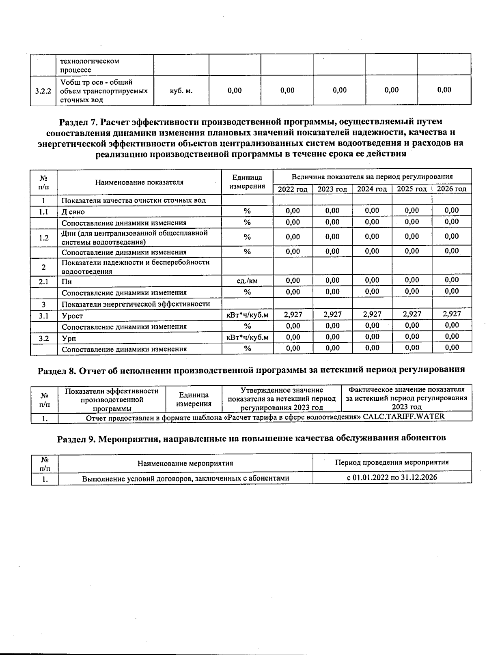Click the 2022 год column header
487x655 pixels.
292,189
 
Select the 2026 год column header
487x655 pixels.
451,189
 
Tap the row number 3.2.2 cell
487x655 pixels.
43,91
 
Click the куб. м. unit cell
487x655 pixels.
181,91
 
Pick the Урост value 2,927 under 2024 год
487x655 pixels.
372,314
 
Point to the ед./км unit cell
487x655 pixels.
247,281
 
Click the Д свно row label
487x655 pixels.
73,212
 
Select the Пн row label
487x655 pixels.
67,281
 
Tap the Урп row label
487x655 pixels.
69,338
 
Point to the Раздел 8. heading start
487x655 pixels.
56,370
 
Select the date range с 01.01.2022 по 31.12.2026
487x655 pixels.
392,477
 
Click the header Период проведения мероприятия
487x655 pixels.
392,462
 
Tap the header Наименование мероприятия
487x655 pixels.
185,463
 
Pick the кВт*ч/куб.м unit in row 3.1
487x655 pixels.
247,315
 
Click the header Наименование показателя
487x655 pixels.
139,183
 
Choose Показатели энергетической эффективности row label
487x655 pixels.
136,304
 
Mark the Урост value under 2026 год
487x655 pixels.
451,314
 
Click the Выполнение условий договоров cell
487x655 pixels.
185,478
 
